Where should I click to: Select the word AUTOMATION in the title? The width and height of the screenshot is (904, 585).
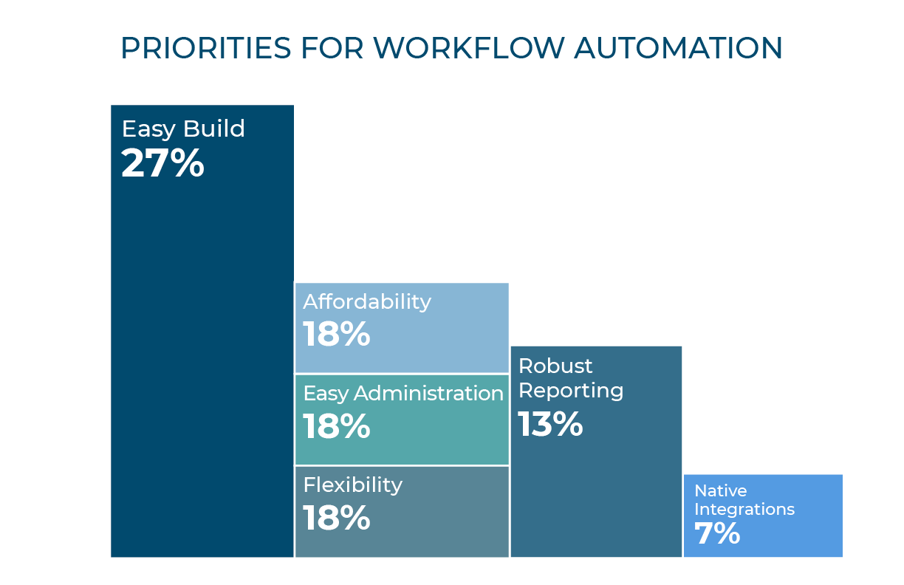[x=679, y=49]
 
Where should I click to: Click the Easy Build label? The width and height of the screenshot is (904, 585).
[x=183, y=129]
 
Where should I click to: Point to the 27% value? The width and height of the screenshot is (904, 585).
[x=162, y=163]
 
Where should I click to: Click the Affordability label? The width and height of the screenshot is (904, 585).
[x=367, y=301]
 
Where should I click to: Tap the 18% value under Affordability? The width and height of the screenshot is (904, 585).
[x=336, y=334]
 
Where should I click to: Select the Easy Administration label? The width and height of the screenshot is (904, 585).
[x=403, y=393]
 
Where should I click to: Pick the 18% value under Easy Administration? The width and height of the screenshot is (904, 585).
[x=336, y=426]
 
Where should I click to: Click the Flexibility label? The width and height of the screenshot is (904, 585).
[x=353, y=485]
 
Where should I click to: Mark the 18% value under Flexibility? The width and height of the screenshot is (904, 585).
[x=336, y=518]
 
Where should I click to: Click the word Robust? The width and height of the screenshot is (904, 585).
[x=555, y=366]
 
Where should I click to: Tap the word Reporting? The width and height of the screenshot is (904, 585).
[x=571, y=390]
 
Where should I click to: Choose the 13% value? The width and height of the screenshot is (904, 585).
[x=550, y=424]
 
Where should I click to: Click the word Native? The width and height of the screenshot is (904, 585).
[x=720, y=491]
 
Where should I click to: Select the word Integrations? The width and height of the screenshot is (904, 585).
[x=744, y=509]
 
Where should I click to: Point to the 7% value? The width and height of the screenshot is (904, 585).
[x=717, y=533]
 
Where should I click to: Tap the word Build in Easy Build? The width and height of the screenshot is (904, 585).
[x=214, y=129]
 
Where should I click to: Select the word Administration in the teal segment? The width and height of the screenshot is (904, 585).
[x=429, y=393]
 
